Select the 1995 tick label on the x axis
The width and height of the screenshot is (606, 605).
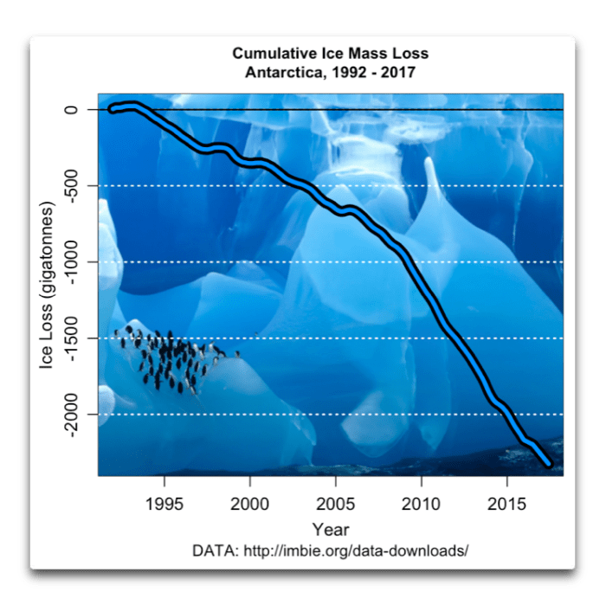coord(164,502)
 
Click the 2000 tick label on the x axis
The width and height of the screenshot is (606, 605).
coord(249,502)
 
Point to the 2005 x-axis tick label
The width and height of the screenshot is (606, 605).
coord(335,502)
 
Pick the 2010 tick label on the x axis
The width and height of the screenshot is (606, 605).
coord(421,502)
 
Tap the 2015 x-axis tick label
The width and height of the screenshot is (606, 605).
coord(506,502)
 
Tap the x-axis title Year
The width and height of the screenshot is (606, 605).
coord(331,529)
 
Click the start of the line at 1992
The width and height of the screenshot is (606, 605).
coord(112,109)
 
